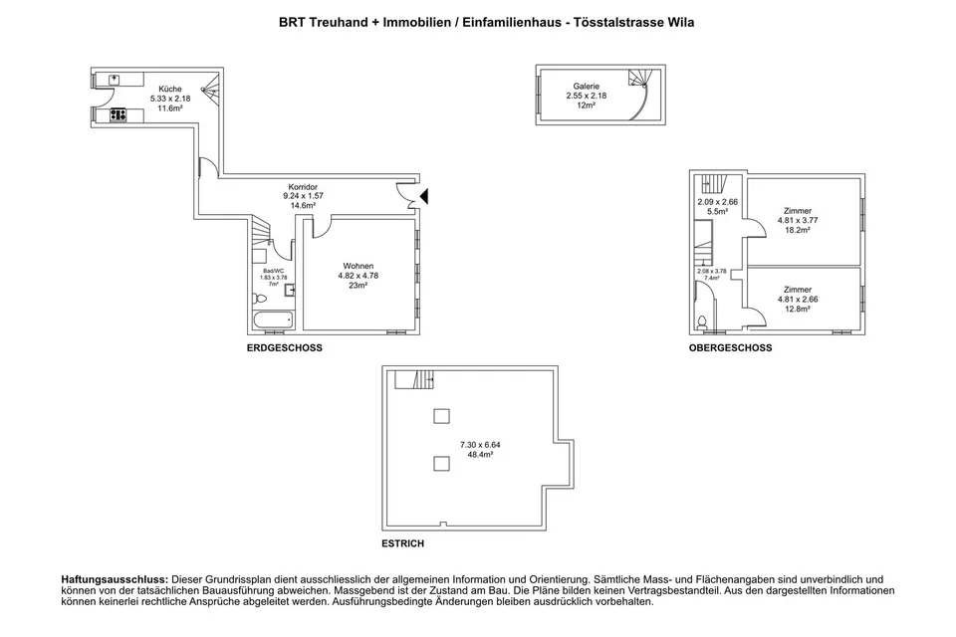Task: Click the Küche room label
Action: pos(170,89)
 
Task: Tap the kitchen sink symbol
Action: pos(114,80)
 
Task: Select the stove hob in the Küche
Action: pos(118,114)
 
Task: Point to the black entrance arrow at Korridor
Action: pos(424,196)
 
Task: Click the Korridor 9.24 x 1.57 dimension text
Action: pos(303,196)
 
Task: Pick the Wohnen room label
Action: pos(358,266)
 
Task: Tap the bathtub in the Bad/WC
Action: pos(273,320)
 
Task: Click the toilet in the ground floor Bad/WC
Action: pos(260,299)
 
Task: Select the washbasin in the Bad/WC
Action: pos(290,291)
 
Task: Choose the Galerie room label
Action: pos(586,87)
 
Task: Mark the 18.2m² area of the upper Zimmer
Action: pos(798,231)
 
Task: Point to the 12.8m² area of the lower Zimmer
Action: pos(798,310)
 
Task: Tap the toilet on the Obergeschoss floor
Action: pos(702,321)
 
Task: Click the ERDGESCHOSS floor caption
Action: pos(284,348)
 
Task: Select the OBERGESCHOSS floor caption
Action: pos(730,348)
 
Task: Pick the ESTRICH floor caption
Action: pos(402,543)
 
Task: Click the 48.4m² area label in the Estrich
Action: pos(480,455)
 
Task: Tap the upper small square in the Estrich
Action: pos(441,416)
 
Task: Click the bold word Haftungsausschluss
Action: pos(115,579)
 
